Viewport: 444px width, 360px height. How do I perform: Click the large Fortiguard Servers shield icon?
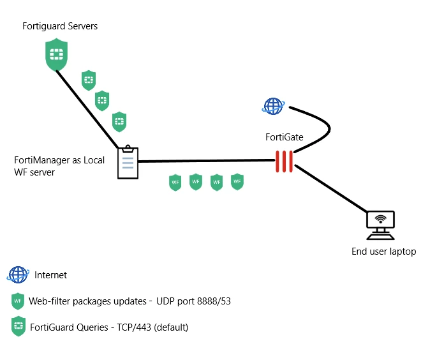point(56,54)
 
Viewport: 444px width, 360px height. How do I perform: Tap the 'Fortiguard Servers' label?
point(60,26)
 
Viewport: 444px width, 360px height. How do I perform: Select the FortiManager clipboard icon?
point(128,162)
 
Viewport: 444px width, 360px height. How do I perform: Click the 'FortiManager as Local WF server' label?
point(59,166)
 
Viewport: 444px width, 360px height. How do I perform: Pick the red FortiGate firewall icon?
point(284,161)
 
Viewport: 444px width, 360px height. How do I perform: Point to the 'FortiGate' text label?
point(285,137)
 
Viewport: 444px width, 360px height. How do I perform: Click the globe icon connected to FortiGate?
point(273,106)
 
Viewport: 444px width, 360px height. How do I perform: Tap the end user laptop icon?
point(380,225)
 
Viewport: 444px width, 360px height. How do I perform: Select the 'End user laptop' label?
point(383,251)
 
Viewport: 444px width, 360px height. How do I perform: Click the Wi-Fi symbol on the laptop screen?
point(381,219)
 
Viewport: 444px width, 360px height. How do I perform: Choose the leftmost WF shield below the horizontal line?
point(175,183)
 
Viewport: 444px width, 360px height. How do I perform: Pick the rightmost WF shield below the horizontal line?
point(237,181)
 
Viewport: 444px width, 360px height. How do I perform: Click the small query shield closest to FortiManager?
point(119,122)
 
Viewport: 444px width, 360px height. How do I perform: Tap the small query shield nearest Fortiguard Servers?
point(89,80)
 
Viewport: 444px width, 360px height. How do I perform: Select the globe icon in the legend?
point(18,274)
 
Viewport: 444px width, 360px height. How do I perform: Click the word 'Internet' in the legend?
point(50,275)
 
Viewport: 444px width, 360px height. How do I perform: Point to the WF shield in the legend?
point(18,301)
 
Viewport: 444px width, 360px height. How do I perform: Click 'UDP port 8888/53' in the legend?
point(193,301)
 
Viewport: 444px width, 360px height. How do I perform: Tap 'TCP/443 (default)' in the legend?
point(152,327)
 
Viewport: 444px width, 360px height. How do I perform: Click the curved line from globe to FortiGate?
point(330,129)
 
